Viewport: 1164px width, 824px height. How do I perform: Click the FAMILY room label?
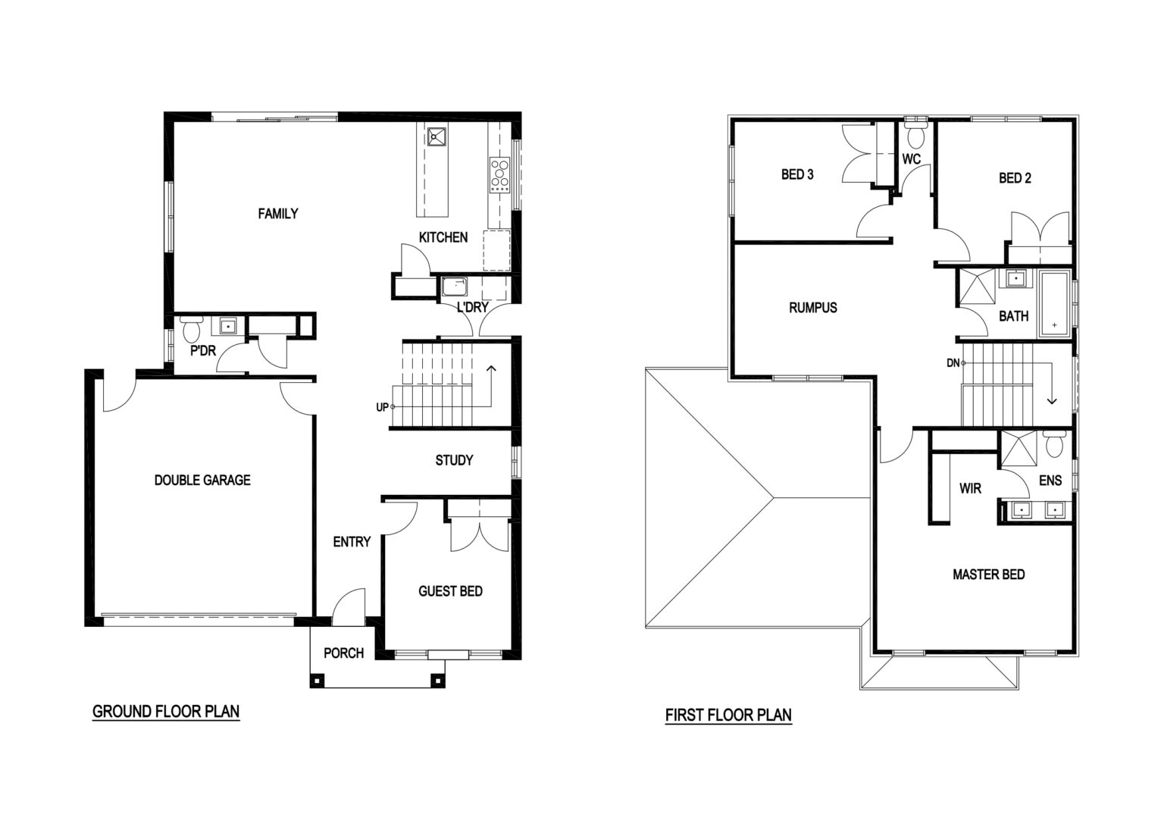click(278, 214)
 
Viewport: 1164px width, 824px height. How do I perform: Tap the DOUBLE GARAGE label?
click(202, 480)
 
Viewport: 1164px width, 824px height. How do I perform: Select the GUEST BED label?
click(451, 591)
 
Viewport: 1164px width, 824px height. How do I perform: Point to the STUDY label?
click(454, 460)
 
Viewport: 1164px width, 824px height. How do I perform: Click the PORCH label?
click(343, 653)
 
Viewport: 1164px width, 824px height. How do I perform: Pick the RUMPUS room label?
click(812, 308)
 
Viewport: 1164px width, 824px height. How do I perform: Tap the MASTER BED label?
click(989, 575)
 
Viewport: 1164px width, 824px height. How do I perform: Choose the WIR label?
click(970, 488)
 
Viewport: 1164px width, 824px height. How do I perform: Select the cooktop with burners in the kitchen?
click(500, 174)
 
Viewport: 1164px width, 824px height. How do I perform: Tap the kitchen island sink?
click(436, 136)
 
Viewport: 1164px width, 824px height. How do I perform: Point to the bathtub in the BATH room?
click(1054, 303)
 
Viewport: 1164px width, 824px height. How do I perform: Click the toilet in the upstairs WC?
click(915, 134)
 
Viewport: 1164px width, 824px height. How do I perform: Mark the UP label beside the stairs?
click(382, 407)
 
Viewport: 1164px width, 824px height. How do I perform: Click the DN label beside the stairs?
click(953, 363)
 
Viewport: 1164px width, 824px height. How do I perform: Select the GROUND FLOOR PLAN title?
click(166, 711)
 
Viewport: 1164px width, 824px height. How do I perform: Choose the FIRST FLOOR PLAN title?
click(728, 715)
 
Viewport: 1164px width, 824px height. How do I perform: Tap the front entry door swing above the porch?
click(349, 607)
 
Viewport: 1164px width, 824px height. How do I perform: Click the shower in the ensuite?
click(1018, 448)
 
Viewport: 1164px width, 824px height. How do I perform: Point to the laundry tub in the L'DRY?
click(454, 286)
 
